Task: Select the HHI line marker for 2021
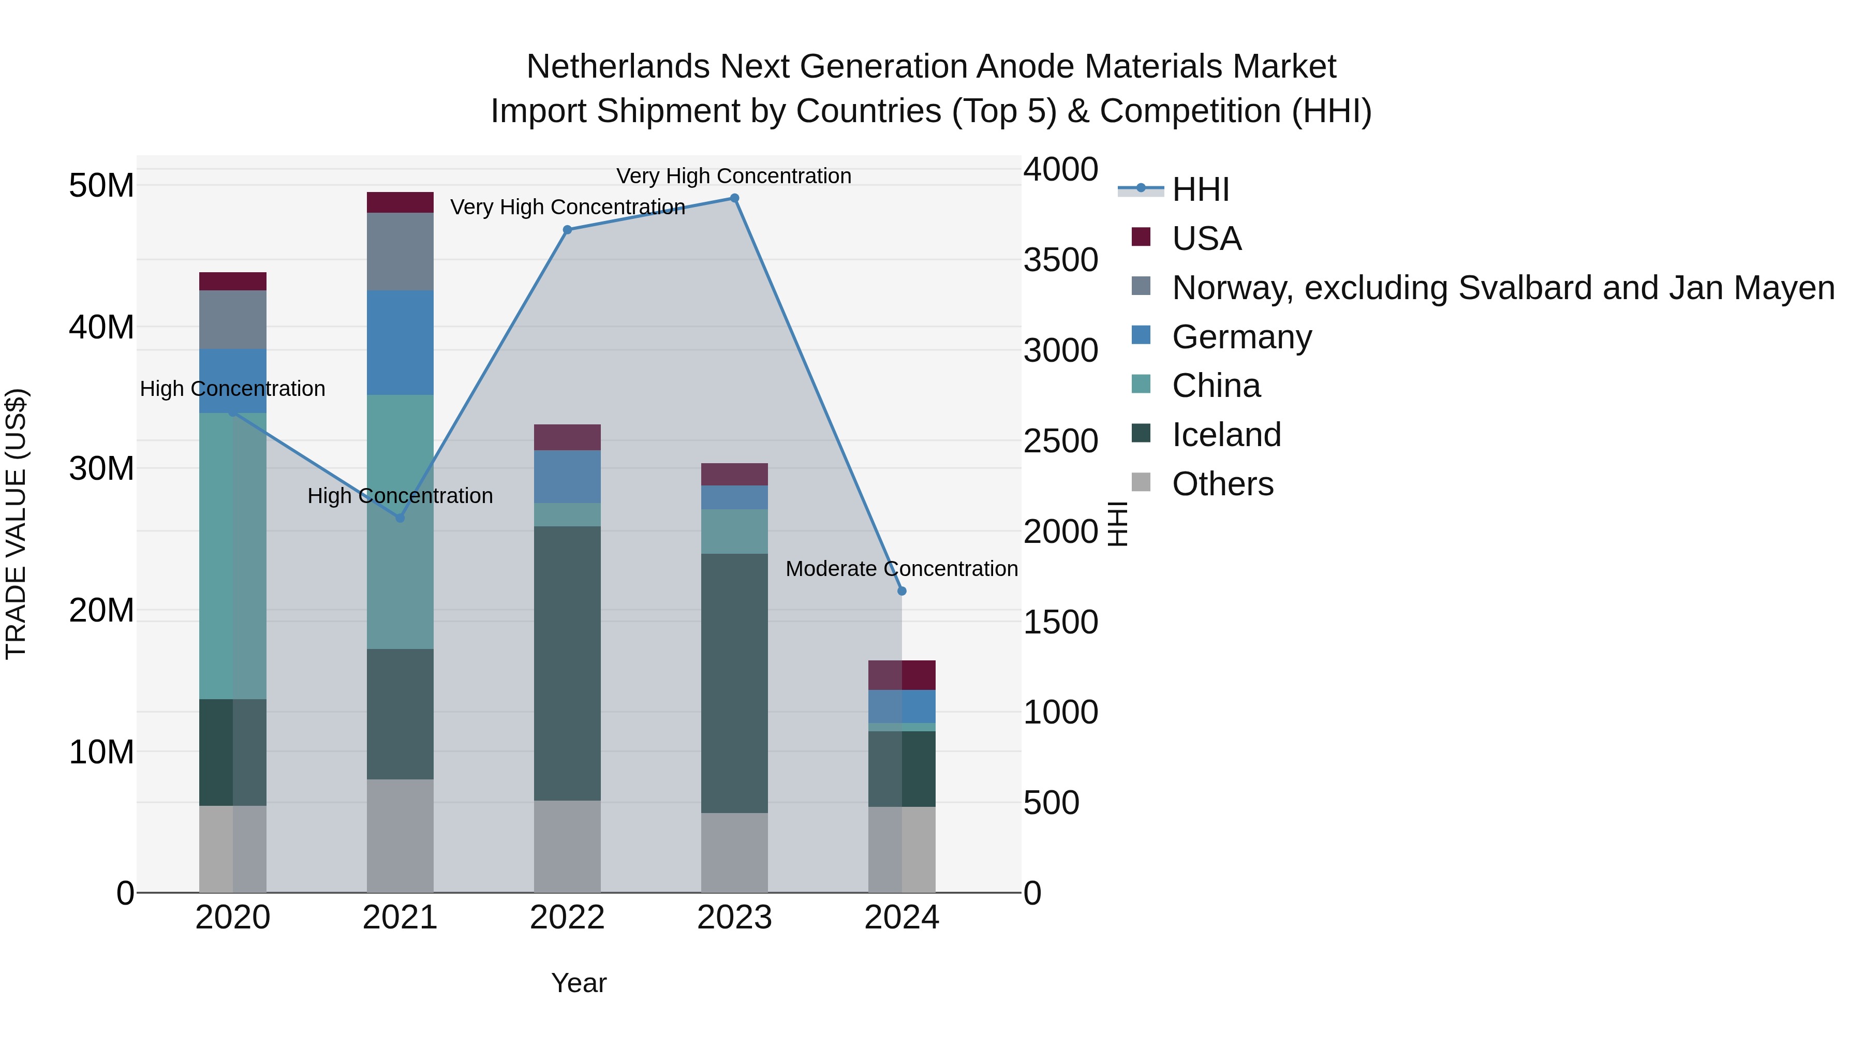(x=400, y=518)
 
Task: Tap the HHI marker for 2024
(x=902, y=591)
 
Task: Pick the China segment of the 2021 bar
(x=400, y=521)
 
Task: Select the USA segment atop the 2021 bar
(x=400, y=202)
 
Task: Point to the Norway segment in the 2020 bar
(x=233, y=320)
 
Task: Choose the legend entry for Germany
(x=1241, y=337)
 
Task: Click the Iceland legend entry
(x=1226, y=435)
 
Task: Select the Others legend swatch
(x=1141, y=482)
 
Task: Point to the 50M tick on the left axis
(x=101, y=186)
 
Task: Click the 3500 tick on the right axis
(x=1060, y=260)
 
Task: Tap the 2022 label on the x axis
(x=567, y=918)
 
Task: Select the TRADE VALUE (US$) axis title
(x=16, y=524)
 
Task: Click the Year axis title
(x=579, y=983)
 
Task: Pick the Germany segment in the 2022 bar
(x=567, y=477)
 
